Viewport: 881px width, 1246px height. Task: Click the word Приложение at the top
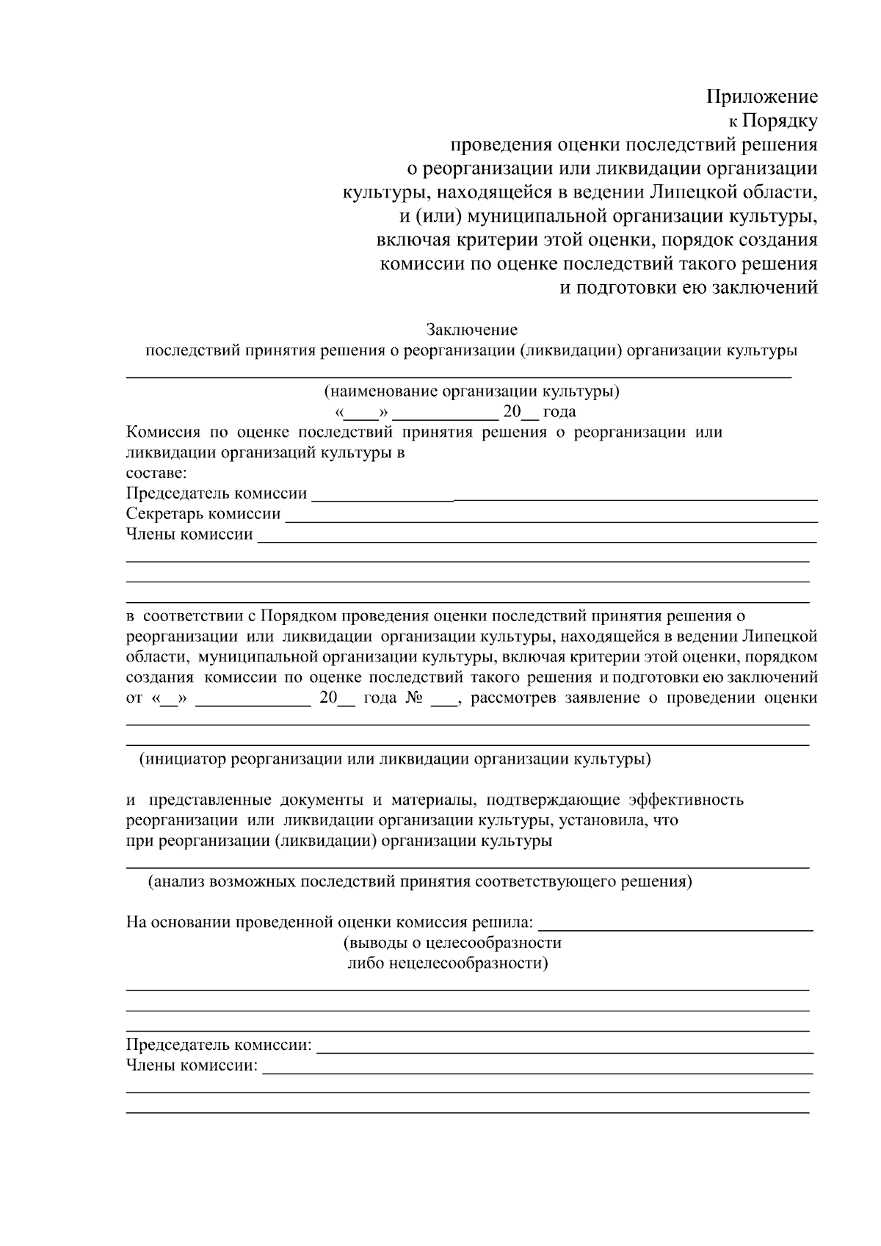(x=761, y=97)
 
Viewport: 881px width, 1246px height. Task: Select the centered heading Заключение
(x=472, y=330)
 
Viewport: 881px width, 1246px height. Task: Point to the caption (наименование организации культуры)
(x=472, y=391)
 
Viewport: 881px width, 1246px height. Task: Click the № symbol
(x=413, y=698)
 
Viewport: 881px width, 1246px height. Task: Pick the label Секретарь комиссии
(x=203, y=514)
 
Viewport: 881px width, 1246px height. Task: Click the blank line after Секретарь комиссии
(x=551, y=520)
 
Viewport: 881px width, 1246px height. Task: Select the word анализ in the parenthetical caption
(x=178, y=881)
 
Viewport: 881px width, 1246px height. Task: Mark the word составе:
(x=156, y=474)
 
